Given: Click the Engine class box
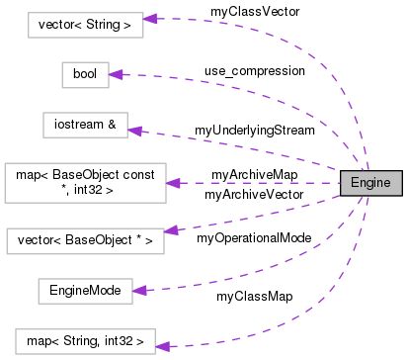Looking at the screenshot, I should pyautogui.click(x=369, y=183).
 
